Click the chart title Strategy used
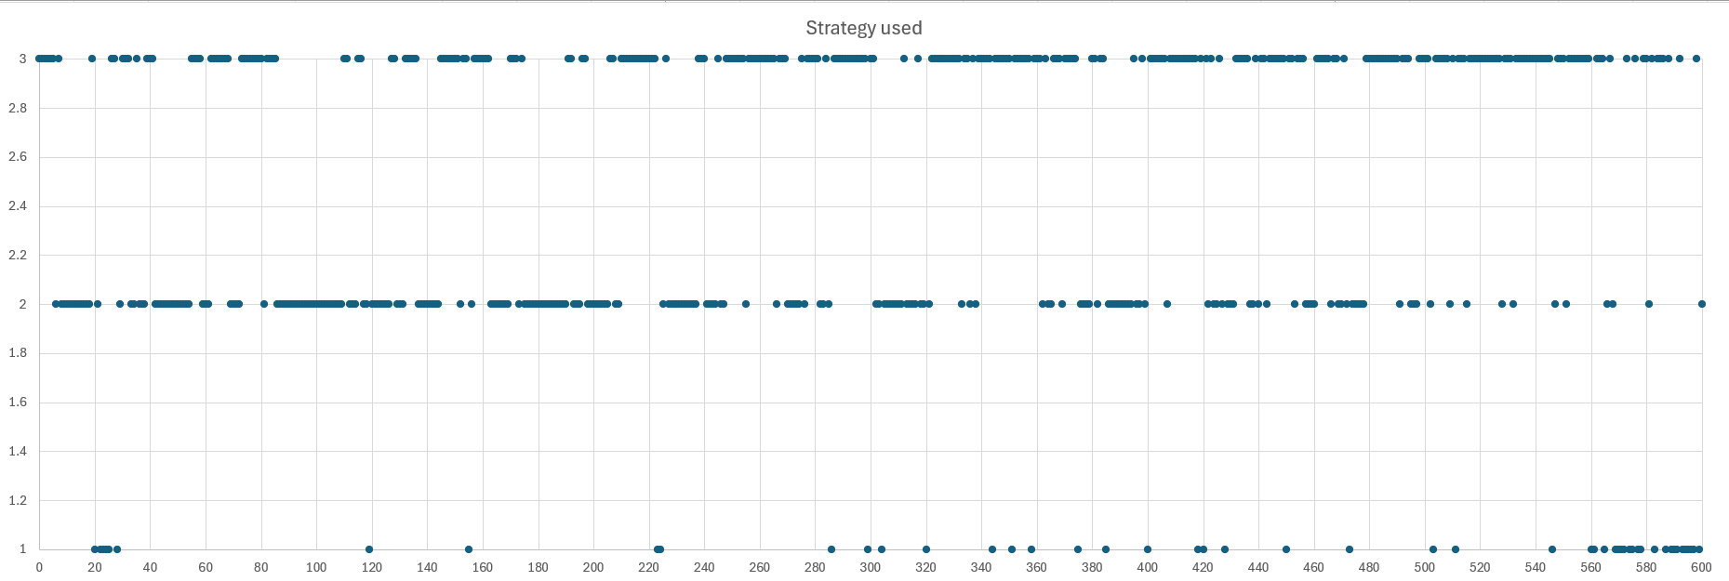863,28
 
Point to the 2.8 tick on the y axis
18,108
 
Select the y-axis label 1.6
18,403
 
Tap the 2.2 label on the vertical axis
18,255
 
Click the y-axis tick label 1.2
18,500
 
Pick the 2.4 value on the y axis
18,206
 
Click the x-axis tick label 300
870,567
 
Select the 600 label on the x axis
1701,567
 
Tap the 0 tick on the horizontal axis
39,567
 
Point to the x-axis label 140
427,567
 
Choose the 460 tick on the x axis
1313,567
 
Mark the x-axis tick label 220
648,567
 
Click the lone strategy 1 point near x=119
369,549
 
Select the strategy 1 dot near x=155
469,549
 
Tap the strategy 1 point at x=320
926,549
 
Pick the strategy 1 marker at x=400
1148,549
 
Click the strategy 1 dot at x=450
1286,549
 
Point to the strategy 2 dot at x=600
1702,304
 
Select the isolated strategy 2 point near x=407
1167,304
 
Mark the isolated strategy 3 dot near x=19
92,59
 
